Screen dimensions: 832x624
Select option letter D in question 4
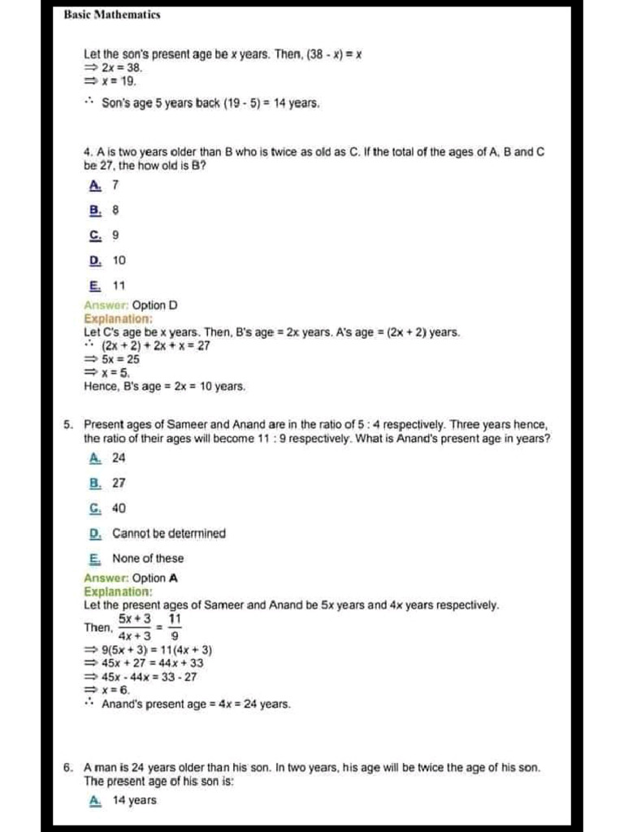tap(95, 260)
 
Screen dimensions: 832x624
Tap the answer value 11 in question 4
tap(119, 285)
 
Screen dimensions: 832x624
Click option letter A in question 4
tap(95, 184)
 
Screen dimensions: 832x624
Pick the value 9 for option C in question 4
tap(115, 235)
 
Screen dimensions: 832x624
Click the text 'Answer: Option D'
tap(130, 305)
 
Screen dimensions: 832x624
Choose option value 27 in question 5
tap(119, 483)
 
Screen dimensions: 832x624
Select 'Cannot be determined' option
tap(169, 534)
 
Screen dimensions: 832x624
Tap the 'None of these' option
tap(148, 558)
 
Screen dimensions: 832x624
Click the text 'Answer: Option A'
tap(130, 578)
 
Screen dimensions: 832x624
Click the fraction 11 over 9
tap(174, 627)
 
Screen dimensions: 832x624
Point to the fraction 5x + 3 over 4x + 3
tap(134, 627)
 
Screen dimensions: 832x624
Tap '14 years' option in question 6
tap(134, 800)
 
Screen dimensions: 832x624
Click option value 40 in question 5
tap(119, 508)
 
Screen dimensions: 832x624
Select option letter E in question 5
tap(95, 558)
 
